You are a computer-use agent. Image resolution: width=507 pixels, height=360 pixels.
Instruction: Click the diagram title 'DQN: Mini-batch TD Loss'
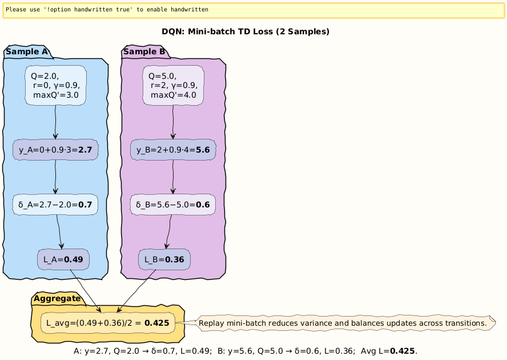coord(246,31)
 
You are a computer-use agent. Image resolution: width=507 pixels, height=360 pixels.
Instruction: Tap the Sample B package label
coord(144,52)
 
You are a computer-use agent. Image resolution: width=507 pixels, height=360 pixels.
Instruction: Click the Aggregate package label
coord(57,298)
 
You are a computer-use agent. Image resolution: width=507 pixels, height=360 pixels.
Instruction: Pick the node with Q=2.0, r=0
coord(55,85)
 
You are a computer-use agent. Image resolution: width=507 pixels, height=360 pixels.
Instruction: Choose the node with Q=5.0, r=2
coord(173,85)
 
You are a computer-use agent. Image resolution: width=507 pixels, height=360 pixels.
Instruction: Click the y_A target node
coord(55,150)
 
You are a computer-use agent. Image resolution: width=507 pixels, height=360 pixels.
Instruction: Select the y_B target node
coord(173,150)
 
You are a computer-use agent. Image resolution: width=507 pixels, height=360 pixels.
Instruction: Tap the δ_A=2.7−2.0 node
coord(55,205)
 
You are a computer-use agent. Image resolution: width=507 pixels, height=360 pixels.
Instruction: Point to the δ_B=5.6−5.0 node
coord(173,205)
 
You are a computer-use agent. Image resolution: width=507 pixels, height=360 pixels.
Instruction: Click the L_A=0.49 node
coord(63,259)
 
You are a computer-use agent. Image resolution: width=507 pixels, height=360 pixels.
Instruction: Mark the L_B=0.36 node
coord(164,259)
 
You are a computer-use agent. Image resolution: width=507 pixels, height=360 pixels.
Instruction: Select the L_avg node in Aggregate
coord(107,323)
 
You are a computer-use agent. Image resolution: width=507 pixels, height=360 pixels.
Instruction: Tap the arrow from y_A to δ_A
coord(55,177)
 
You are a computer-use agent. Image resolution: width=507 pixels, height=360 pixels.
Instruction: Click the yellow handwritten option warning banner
coord(253,10)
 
